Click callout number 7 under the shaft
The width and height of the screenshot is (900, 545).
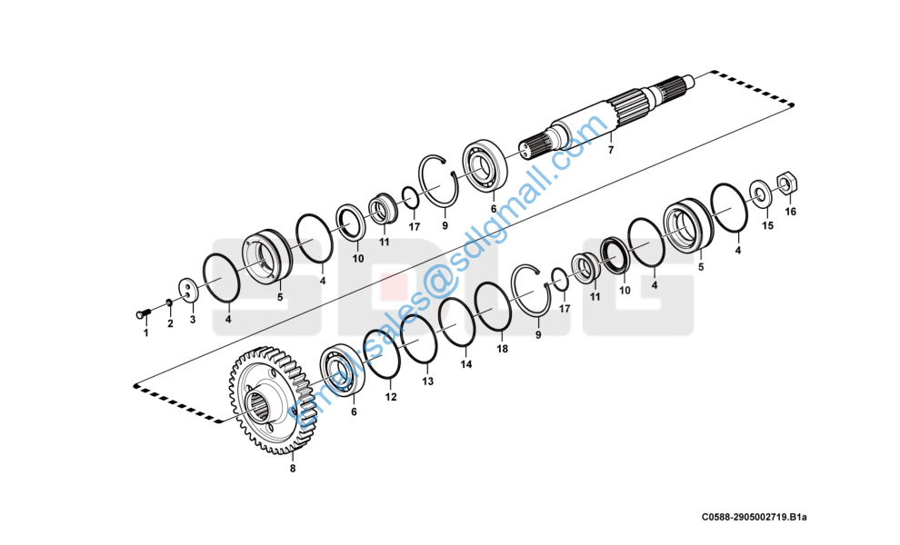pos(611,150)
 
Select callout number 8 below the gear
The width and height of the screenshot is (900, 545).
pos(292,469)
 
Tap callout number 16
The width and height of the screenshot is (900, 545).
pos(790,212)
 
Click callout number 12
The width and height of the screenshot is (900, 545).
pos(390,397)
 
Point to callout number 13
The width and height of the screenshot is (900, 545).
pos(428,381)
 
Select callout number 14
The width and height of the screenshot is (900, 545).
pos(465,364)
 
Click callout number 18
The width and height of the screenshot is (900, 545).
pos(502,349)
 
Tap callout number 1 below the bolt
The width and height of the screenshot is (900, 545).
pos(145,332)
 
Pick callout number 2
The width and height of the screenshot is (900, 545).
pos(169,323)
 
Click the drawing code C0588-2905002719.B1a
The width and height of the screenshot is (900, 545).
pos(754,517)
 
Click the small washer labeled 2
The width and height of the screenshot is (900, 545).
pos(169,303)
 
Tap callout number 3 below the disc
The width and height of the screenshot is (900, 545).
pos(192,320)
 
